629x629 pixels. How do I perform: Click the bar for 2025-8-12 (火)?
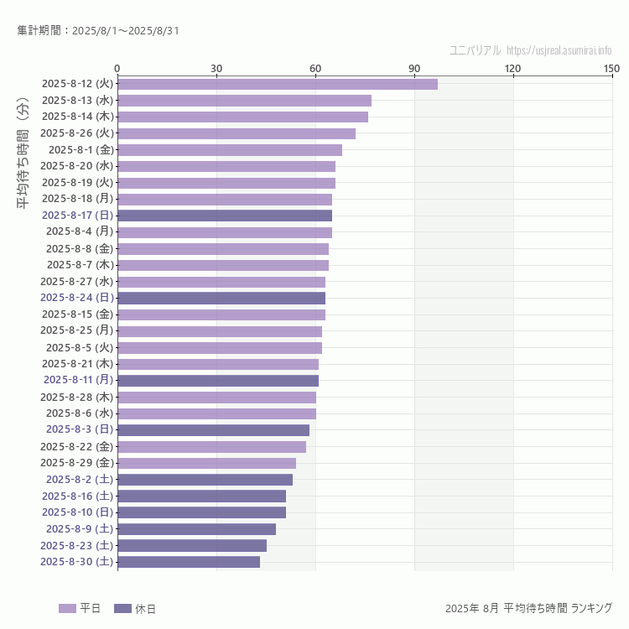tap(277, 84)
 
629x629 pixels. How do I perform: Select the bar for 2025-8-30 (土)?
tap(189, 562)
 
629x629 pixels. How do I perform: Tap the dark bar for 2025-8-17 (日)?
tap(225, 216)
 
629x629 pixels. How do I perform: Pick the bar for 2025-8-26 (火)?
tap(237, 133)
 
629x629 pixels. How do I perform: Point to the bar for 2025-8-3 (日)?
tap(213, 430)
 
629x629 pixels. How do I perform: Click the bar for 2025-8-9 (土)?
tap(196, 529)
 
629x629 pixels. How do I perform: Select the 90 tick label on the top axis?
tap(414, 68)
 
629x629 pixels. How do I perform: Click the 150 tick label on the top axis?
tap(611, 68)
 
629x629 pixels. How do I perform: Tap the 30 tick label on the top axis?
tap(216, 68)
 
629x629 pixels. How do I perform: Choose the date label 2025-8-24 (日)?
tap(77, 298)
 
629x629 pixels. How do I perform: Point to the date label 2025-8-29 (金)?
tap(77, 463)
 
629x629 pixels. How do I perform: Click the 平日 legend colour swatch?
tap(67, 609)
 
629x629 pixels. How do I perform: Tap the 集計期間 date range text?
tap(98, 31)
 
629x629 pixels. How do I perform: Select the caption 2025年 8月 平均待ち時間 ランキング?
tap(528, 608)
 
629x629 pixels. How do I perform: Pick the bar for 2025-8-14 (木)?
tap(242, 117)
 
